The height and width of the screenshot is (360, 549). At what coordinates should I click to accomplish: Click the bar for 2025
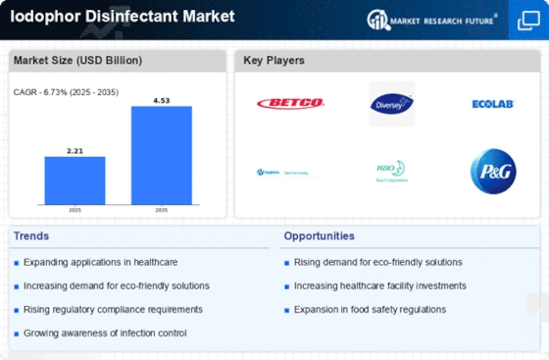click(x=75, y=180)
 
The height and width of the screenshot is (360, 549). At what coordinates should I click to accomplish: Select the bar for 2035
click(x=162, y=154)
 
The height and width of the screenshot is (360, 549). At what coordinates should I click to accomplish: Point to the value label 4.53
click(x=162, y=99)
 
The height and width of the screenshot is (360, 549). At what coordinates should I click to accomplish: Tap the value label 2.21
click(x=75, y=150)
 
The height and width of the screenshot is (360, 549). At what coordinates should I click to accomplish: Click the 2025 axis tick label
click(x=75, y=209)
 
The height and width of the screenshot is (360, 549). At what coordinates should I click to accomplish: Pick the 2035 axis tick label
click(x=162, y=209)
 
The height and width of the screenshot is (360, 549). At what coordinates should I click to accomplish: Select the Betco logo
click(x=290, y=103)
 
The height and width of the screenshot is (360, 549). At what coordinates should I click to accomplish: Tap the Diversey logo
click(x=391, y=103)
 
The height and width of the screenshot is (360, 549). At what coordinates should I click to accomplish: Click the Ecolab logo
click(x=492, y=104)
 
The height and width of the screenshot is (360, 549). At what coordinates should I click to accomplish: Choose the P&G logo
click(x=492, y=171)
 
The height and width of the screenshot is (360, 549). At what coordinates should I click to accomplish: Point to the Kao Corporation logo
click(x=391, y=172)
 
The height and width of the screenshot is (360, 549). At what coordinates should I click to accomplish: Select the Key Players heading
click(x=274, y=61)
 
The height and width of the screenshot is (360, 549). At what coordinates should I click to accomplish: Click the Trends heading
click(x=32, y=235)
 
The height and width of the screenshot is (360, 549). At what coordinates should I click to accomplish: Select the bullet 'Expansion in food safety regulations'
click(x=370, y=309)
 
